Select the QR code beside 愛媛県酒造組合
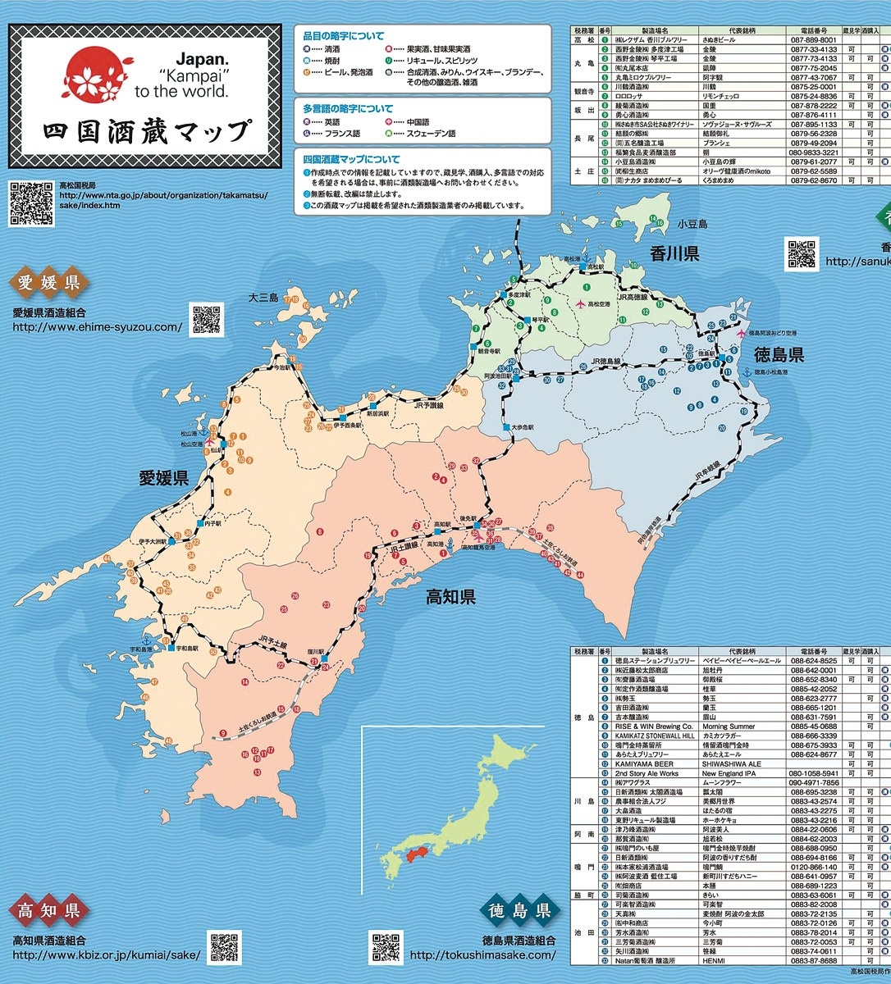pyautogui.click(x=207, y=319)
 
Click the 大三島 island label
pyautogui.click(x=264, y=298)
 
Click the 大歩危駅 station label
pyautogui.click(x=523, y=427)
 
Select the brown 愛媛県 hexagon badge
pyautogui.click(x=49, y=285)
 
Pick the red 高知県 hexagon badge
pyautogui.click(x=48, y=911)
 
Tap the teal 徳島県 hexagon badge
pyautogui.click(x=519, y=911)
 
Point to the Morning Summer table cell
pyautogui.click(x=729, y=727)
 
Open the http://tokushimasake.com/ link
pyautogui.click(x=482, y=954)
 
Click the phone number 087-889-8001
pyautogui.click(x=814, y=39)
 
